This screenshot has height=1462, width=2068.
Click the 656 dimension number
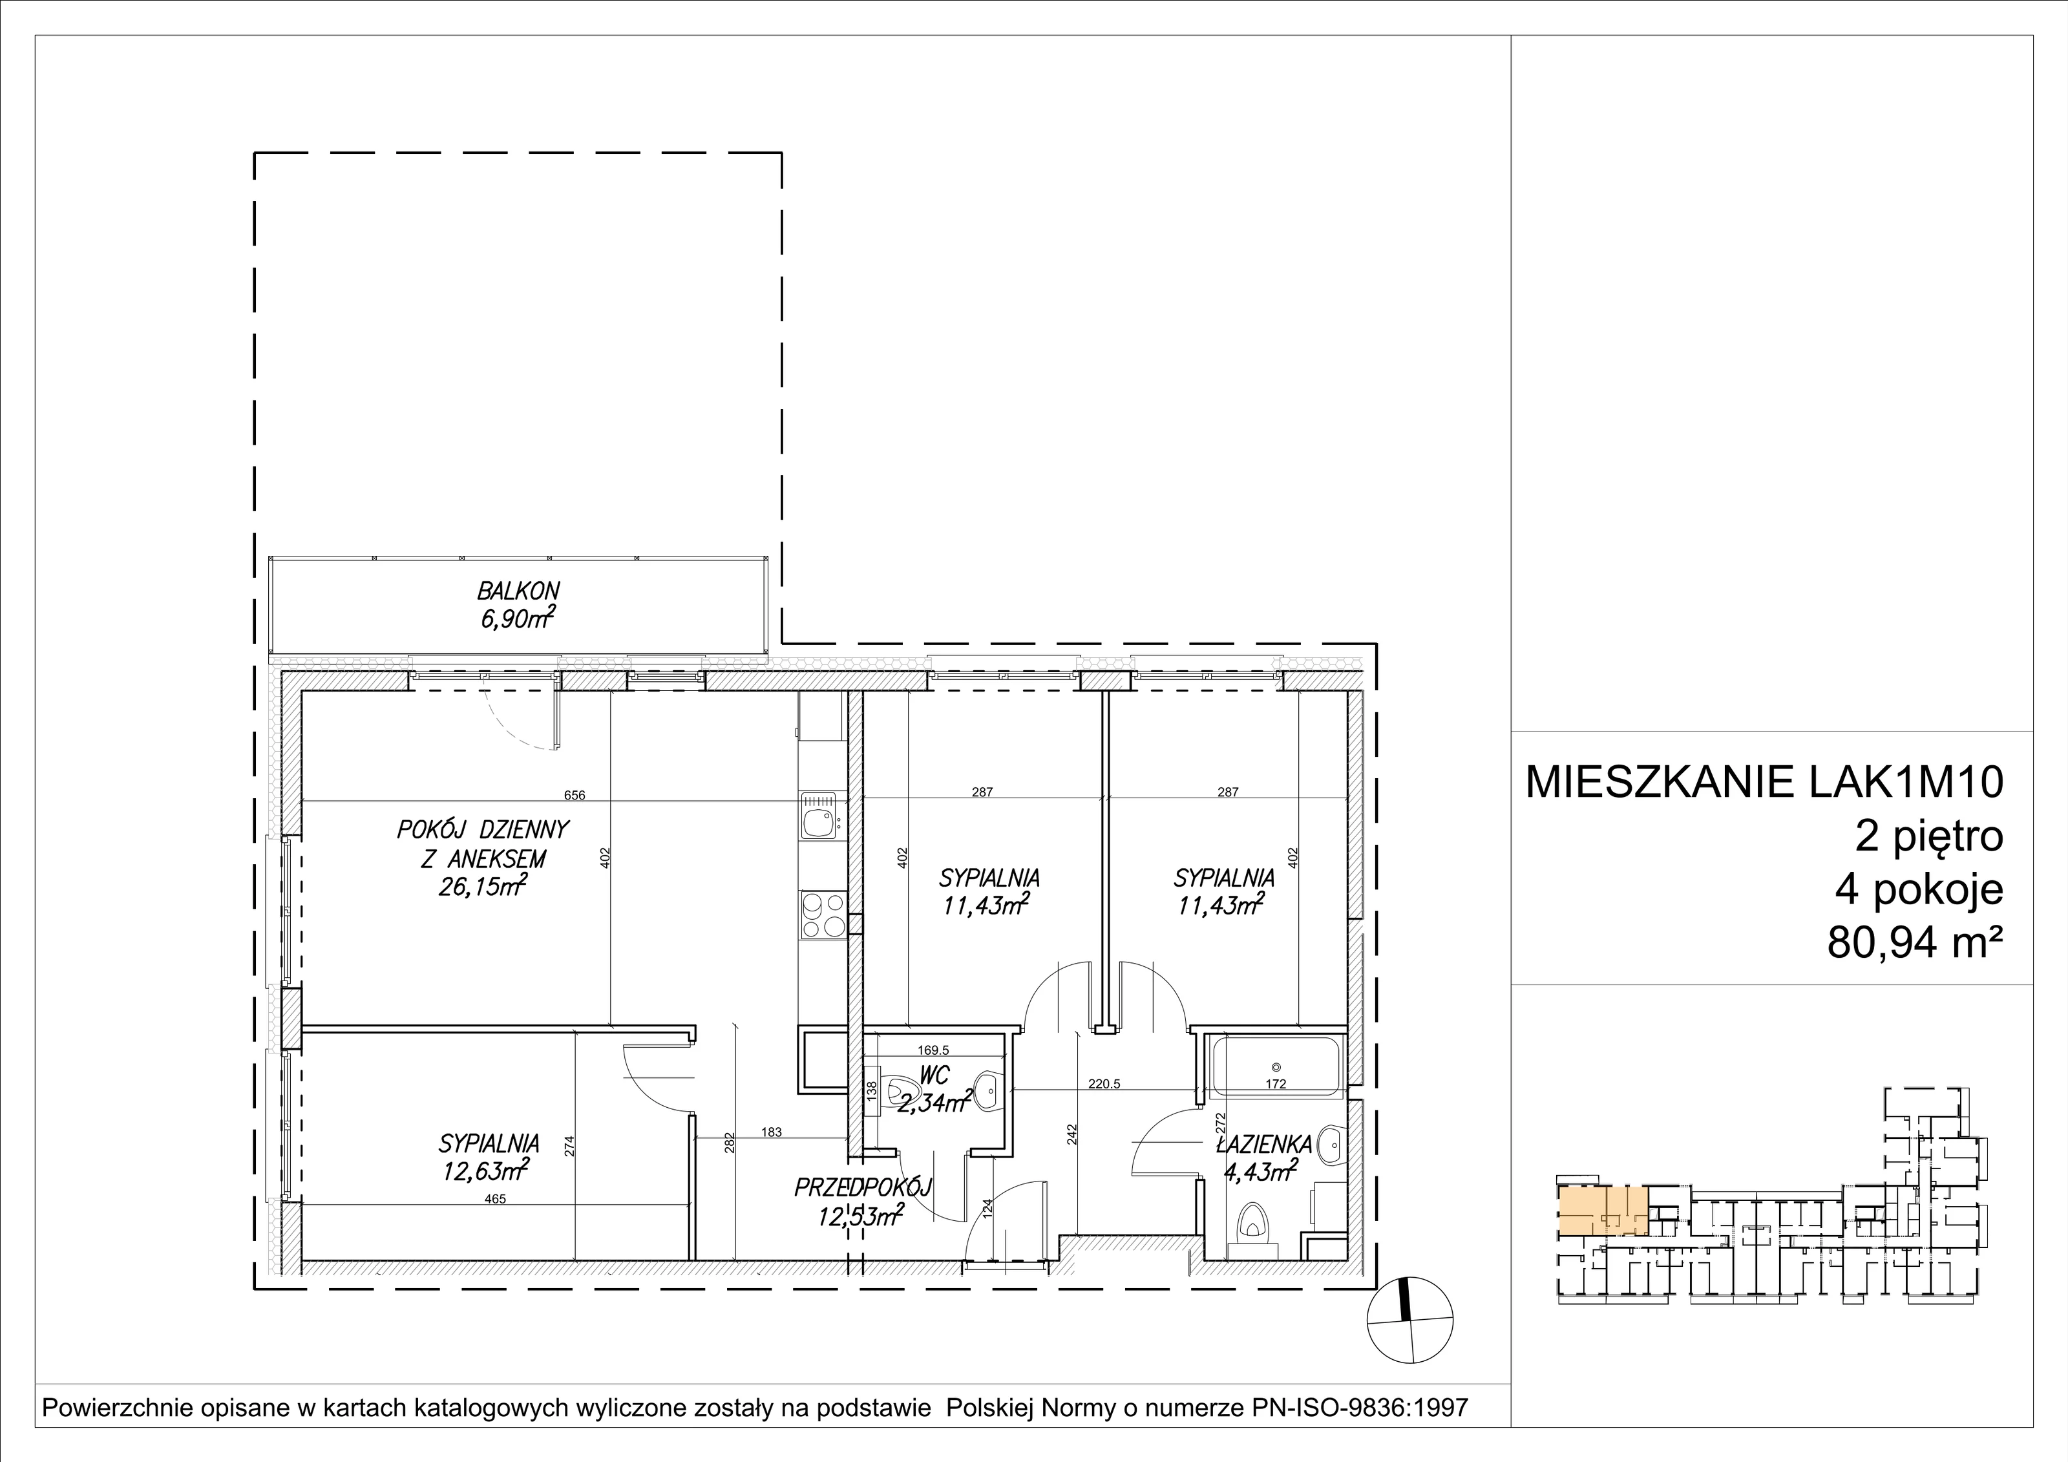[x=575, y=794]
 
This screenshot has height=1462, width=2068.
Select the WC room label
[x=935, y=1076]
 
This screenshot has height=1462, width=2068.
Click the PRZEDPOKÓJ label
[x=862, y=1188]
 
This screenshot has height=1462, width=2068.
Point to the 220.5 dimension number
[x=1104, y=1085]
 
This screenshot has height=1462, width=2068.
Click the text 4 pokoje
[x=1919, y=891]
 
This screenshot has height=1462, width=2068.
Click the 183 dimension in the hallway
[x=771, y=1132]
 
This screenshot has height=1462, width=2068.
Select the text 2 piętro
[x=1929, y=836]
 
